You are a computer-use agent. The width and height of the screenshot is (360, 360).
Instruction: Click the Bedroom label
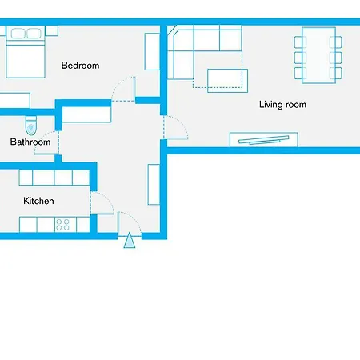pos(80,66)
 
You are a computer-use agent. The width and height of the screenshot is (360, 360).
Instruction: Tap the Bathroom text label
pos(30,142)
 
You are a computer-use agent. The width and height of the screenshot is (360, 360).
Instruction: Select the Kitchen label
pos(38,201)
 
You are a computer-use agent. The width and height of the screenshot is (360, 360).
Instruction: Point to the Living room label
pos(282,105)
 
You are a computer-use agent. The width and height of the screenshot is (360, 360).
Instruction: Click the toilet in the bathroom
pos(31,125)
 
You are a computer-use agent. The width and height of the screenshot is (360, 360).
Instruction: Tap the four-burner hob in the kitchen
pos(62,225)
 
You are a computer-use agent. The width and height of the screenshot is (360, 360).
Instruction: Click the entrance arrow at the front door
pos(129,240)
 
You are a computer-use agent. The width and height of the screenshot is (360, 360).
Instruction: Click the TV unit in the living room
pos(265,139)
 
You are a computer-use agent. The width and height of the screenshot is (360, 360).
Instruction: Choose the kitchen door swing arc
pos(102,203)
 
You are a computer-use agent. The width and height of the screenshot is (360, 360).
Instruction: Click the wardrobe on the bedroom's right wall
pos(152,51)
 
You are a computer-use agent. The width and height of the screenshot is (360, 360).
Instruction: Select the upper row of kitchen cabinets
pos(54,177)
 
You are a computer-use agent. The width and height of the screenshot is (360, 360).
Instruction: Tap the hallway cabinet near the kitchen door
pos(154,184)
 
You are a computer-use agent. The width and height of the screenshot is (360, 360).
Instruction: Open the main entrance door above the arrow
pos(129,223)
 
